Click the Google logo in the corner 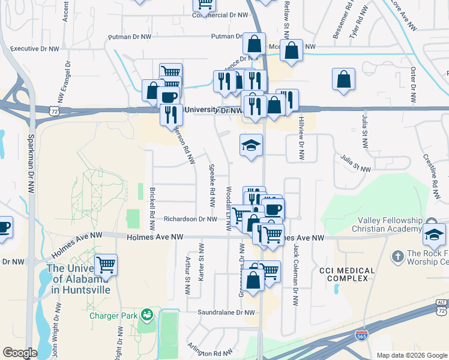coord(20,353)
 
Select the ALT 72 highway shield coord(442,307)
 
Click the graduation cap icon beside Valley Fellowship coord(434,235)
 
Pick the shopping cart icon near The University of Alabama coord(106,264)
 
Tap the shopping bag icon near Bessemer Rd coord(343,79)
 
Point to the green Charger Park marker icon coord(146,314)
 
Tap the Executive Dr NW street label coord(35,49)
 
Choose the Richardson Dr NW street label coord(190,220)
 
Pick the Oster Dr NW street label coord(413,84)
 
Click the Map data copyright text coord(411,355)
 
